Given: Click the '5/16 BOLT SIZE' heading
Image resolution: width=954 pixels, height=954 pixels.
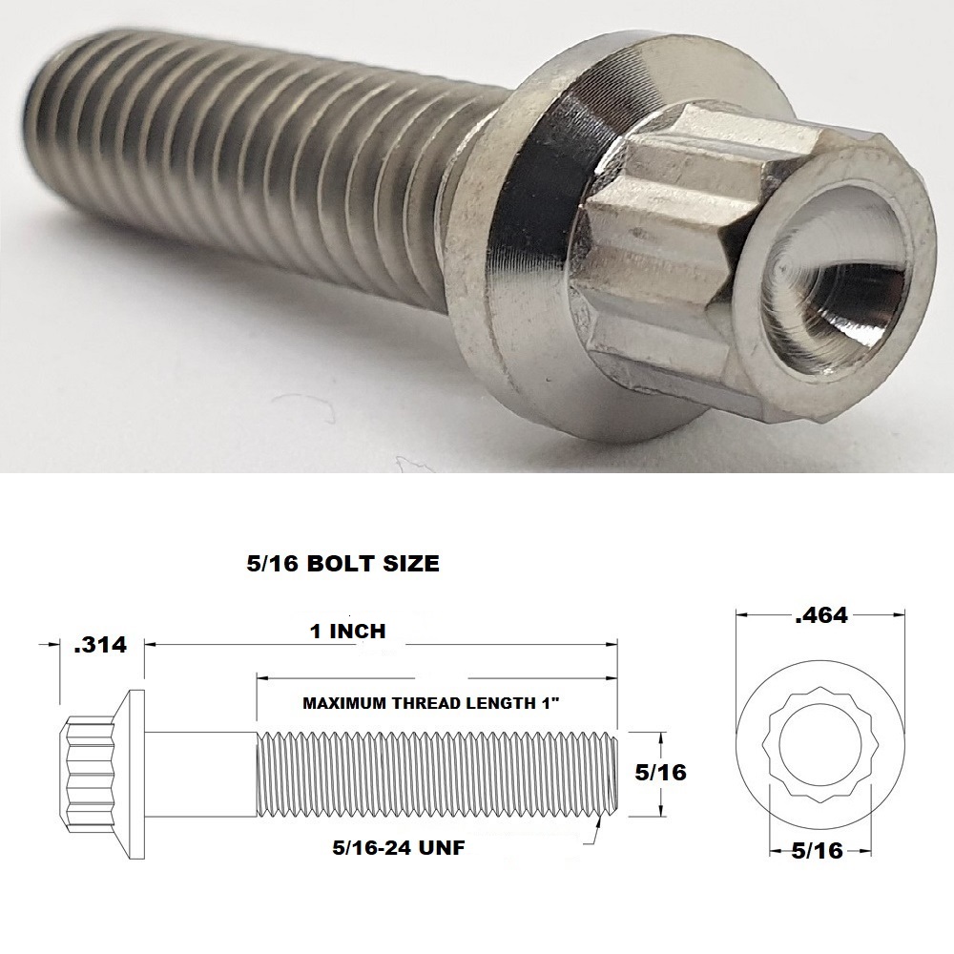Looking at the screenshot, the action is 342,564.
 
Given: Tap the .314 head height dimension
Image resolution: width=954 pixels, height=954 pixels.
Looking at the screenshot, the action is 100,645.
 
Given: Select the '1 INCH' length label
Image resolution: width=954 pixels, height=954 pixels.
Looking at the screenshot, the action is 348,631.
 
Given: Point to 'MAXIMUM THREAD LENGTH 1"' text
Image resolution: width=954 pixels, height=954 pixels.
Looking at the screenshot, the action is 431,703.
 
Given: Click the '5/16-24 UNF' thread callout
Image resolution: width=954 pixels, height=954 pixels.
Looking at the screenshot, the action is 399,847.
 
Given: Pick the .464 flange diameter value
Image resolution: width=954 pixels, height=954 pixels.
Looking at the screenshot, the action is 821,615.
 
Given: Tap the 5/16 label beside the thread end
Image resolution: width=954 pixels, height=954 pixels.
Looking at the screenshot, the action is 660,772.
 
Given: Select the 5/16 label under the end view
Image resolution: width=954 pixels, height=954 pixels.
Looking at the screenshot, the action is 818,851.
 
